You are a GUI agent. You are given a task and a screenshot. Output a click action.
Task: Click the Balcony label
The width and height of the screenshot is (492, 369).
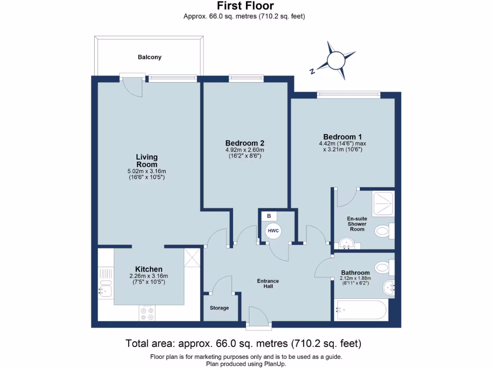[150, 57]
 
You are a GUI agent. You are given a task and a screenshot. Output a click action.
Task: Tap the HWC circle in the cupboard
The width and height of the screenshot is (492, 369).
[273, 231]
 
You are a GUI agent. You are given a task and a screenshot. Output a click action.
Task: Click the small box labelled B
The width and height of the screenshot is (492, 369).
[269, 216]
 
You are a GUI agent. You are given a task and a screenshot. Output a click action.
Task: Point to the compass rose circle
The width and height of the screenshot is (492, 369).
[336, 60]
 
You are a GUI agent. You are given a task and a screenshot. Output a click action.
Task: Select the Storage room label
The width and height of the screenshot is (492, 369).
[219, 308]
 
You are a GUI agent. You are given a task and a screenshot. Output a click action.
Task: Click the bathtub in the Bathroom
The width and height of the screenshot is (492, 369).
[361, 310]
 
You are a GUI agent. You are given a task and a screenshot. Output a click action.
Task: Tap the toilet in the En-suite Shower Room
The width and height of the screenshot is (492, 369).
[385, 231]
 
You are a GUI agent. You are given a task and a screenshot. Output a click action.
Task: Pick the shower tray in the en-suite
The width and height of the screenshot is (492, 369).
[383, 203]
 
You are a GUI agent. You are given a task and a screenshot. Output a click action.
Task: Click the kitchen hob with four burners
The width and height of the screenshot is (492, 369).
[147, 313]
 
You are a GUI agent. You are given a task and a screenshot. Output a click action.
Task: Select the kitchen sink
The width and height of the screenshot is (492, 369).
[105, 290]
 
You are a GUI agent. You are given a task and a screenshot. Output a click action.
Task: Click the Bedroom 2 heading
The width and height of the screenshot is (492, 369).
[245, 143]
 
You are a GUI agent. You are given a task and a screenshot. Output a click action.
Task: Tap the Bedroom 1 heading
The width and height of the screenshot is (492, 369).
[342, 137]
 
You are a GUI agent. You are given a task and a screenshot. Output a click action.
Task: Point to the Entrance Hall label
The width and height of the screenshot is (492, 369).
[268, 283]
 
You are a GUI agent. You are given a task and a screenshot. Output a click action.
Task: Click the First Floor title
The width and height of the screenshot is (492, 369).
[246, 6]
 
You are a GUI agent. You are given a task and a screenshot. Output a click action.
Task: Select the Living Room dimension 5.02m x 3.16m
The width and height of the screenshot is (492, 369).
[147, 172]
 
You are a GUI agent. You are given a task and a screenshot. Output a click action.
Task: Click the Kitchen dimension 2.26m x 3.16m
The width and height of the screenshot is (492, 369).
[149, 276]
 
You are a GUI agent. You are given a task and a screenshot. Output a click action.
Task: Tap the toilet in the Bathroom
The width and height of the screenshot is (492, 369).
[385, 267]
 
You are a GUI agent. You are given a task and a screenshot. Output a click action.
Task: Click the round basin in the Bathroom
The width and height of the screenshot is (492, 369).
[389, 287]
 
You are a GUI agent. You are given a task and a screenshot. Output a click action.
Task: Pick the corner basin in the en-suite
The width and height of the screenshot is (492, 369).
[346, 244]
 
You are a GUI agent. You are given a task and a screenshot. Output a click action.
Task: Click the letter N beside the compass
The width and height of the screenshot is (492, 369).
[312, 71]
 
